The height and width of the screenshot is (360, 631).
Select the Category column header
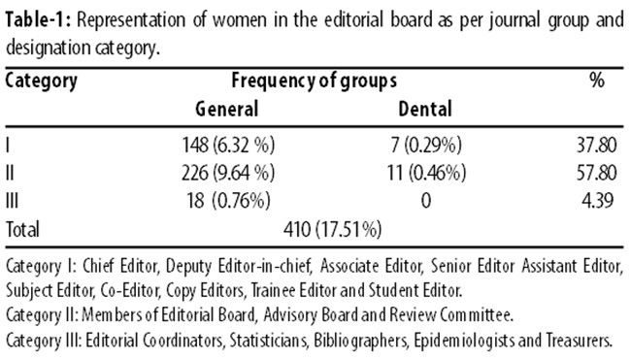[41, 82]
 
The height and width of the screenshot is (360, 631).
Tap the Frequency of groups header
[314, 82]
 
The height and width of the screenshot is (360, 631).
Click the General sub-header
[226, 109]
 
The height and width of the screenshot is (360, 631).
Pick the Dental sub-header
[425, 109]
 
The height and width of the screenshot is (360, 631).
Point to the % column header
[597, 80]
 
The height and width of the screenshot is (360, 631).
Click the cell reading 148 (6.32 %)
[228, 146]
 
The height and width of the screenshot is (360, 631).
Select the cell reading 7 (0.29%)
[426, 146]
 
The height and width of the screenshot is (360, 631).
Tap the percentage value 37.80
[596, 146]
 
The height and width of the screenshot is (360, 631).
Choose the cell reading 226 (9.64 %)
[228, 173]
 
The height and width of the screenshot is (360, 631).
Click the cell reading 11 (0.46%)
[426, 173]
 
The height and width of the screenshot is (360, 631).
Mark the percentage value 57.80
[596, 173]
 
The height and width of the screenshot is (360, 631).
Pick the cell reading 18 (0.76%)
[228, 200]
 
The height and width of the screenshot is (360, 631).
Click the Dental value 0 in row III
[426, 200]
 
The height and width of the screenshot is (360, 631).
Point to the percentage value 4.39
[598, 200]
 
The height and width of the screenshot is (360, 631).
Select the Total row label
[22, 230]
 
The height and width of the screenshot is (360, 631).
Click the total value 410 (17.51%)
[332, 230]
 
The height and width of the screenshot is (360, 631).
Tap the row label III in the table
[12, 200]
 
